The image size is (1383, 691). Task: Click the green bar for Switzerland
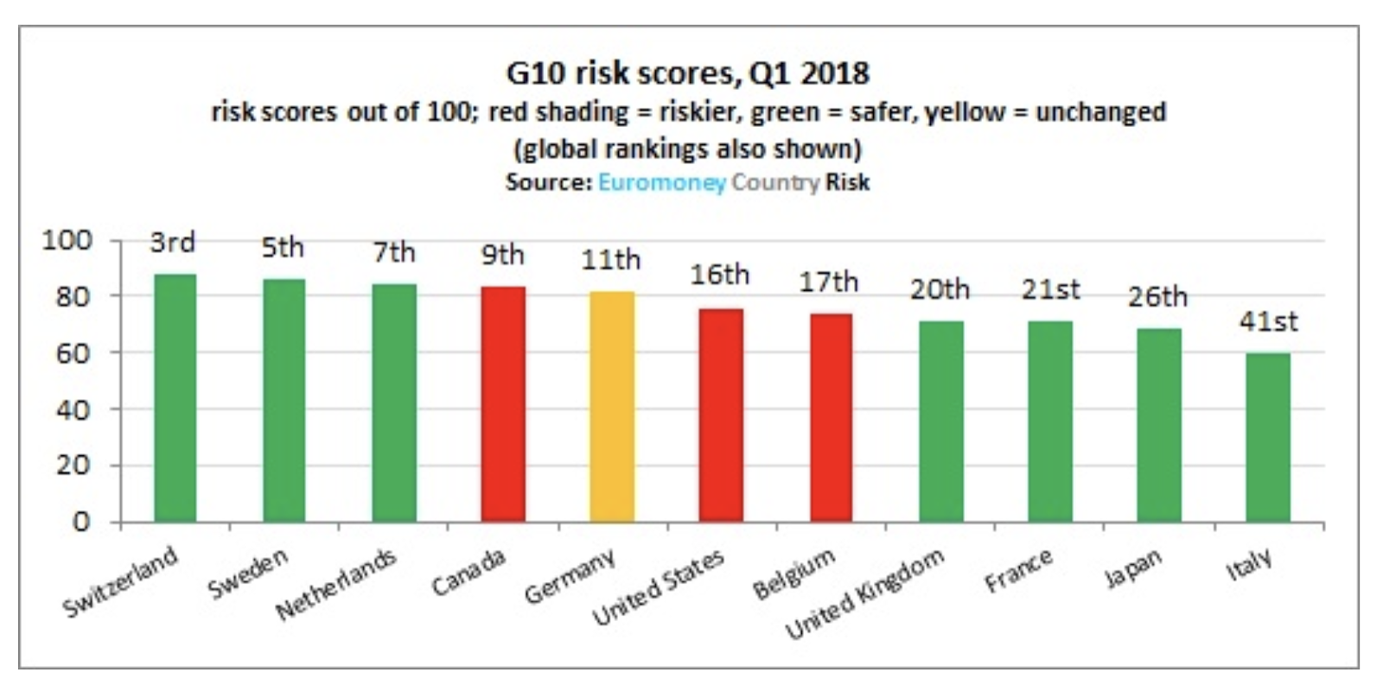175,398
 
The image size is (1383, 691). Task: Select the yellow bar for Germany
612,407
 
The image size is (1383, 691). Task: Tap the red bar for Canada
503,404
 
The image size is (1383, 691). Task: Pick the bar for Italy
1268,438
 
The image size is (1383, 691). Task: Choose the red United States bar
721,415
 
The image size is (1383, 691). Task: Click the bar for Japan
1159,425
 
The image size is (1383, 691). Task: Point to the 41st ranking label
1268,321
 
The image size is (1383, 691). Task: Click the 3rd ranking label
173,242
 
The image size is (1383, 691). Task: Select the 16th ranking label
719,275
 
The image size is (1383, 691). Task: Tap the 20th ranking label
940,289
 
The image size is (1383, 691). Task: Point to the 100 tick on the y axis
67,240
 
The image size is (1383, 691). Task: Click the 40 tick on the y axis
73,409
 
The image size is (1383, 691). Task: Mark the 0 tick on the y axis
80,522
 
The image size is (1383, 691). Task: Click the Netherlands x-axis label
336,585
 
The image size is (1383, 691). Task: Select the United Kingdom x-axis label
865,594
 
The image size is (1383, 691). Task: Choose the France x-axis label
1019,570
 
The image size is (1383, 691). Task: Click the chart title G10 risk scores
687,73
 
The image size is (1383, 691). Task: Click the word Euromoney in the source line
661,183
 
